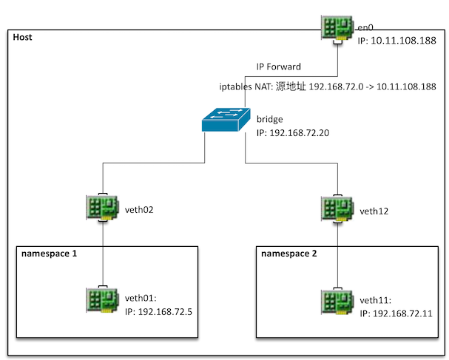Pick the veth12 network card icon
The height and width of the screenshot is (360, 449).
click(338, 209)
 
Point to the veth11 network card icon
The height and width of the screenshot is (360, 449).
click(338, 300)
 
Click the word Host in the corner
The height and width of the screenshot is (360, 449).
click(22, 37)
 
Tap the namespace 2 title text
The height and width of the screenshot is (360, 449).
click(289, 253)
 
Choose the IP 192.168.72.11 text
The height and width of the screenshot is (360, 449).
click(395, 313)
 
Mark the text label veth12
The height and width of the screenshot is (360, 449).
click(374, 211)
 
